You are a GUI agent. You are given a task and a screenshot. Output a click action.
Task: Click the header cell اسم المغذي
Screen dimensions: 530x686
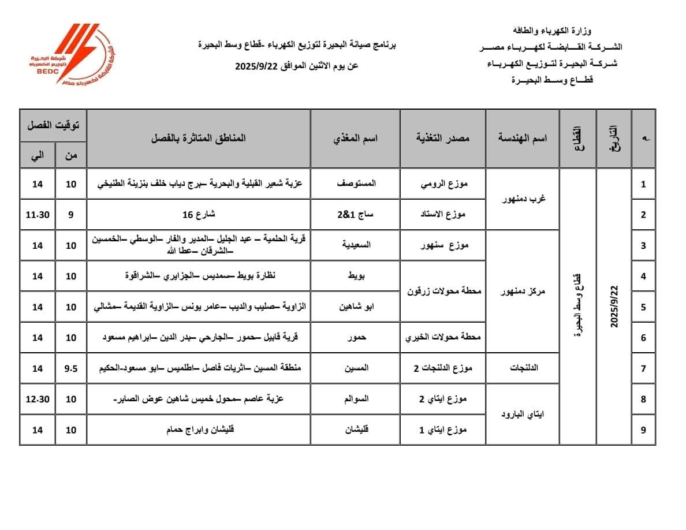pos(356,139)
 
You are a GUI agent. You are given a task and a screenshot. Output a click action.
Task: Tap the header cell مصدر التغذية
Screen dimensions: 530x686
pos(442,139)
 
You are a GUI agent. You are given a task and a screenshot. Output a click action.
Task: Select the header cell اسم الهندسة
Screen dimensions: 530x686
pos(523,139)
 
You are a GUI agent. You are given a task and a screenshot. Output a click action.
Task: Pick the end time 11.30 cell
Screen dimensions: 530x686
pos(38,215)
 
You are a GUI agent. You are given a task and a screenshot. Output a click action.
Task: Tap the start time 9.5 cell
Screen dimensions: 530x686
pos(71,368)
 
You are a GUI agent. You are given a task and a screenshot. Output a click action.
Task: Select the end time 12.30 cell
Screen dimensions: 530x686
pos(38,399)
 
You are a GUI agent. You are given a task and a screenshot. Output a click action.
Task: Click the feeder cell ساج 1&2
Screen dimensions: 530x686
pos(356,215)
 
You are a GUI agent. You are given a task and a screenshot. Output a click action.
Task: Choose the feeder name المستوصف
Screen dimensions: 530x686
pos(356,184)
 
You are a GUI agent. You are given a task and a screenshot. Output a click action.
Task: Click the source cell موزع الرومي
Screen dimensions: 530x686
pos(442,184)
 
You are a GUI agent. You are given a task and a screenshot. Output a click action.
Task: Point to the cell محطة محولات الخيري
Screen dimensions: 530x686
pos(442,338)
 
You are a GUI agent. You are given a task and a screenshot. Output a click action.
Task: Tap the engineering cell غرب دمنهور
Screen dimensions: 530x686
pos(523,199)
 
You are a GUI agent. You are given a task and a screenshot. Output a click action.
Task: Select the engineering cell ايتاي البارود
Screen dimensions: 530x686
pos(523,414)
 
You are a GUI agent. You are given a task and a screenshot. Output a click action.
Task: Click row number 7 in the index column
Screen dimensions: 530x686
pos(643,368)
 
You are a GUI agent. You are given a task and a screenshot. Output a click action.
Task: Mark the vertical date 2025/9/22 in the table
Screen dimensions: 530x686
pos(614,306)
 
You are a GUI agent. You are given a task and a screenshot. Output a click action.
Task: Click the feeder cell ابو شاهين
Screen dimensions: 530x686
pos(356,307)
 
